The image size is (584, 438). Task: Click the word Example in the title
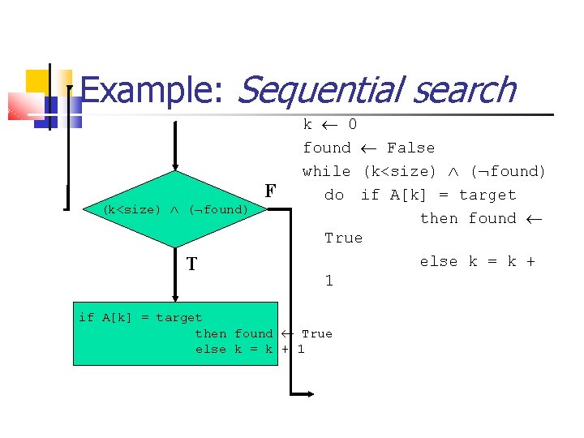pos(150,91)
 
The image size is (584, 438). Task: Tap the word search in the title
pos(463,91)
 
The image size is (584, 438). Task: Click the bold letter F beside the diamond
pos(271,191)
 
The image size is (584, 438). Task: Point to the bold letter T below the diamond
pos(191,264)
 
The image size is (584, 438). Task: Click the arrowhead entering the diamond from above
pos(174,165)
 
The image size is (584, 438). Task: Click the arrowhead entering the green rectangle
pos(174,297)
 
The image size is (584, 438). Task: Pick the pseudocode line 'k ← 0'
pos(329,124)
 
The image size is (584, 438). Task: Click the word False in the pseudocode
pos(410,148)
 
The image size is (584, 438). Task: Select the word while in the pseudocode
pos(326,171)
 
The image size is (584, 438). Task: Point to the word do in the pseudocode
pos(334,195)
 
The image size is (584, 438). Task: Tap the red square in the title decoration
pos(24,105)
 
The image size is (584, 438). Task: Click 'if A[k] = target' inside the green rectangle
pos(140,317)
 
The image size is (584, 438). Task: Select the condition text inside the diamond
pos(175,209)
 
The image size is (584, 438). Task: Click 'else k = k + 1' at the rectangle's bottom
pos(250,349)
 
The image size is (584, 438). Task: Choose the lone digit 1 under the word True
pos(328,281)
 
